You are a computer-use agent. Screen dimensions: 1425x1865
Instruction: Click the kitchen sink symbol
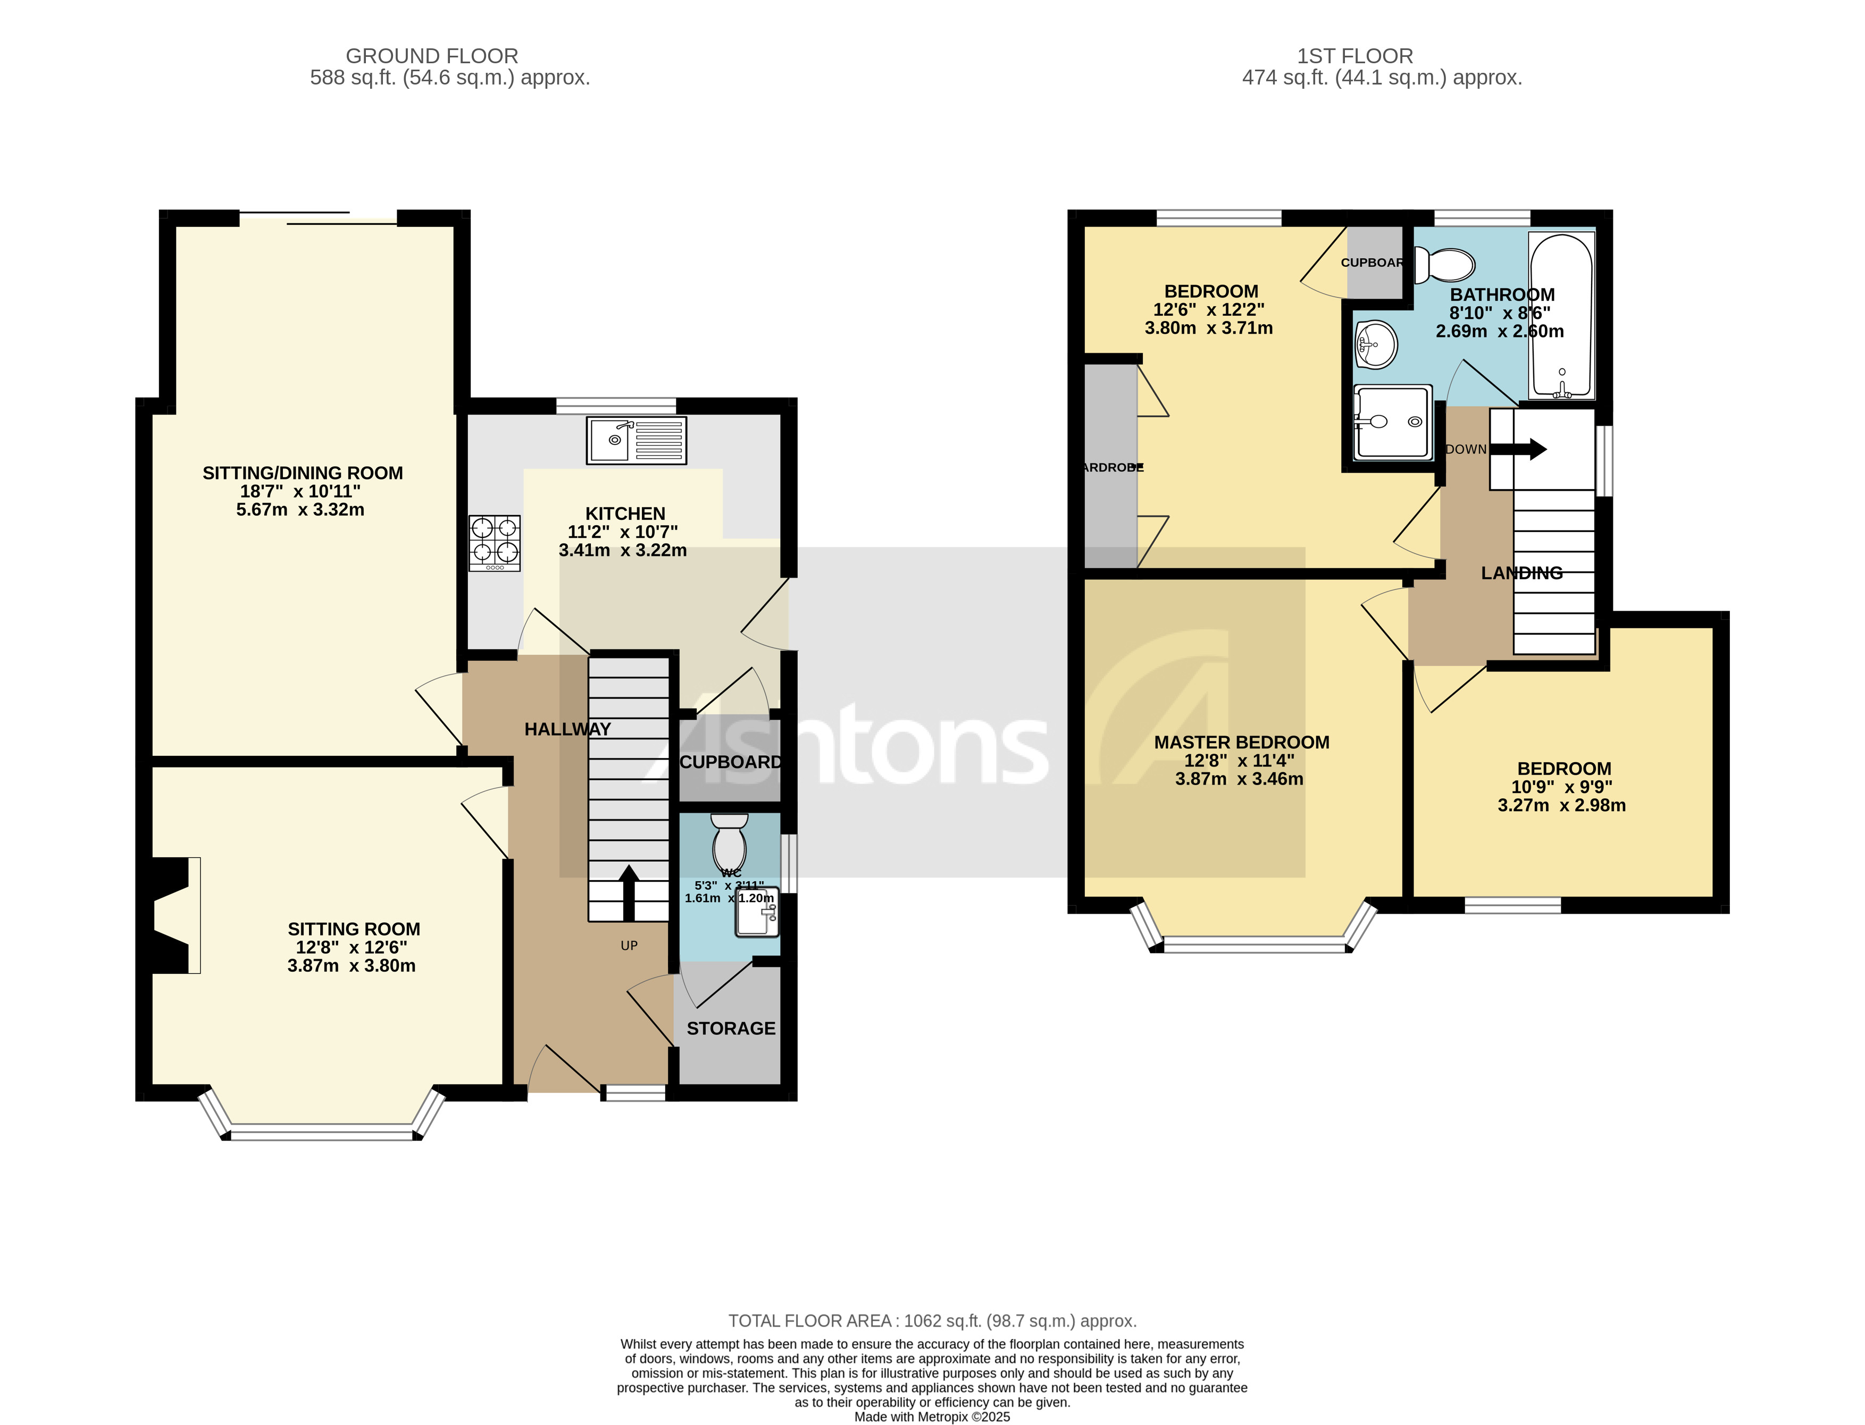(635, 440)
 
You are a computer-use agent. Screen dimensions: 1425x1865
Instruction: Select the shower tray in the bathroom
(1392, 421)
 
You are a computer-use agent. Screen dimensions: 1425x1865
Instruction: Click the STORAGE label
(731, 1028)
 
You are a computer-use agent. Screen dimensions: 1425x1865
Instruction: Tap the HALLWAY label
(567, 729)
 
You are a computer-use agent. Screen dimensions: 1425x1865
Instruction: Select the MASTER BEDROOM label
(1241, 742)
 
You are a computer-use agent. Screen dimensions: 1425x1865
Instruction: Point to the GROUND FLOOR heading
(431, 56)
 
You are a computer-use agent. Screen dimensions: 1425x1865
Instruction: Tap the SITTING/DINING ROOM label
(302, 473)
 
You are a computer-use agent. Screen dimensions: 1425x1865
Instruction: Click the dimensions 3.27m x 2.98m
(1561, 805)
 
